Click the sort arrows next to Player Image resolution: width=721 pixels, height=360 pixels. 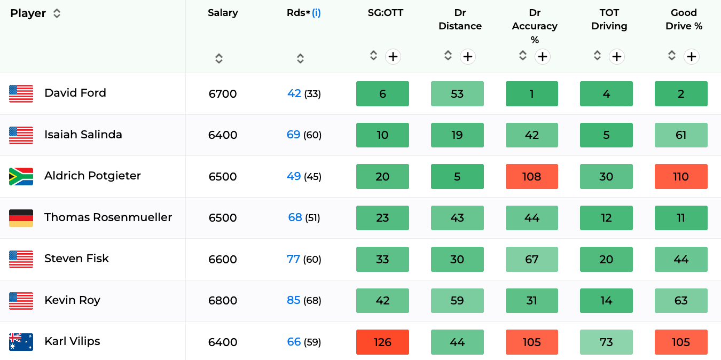point(57,13)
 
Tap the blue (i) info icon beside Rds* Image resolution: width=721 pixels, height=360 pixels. point(316,13)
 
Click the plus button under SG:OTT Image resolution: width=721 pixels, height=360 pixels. point(393,57)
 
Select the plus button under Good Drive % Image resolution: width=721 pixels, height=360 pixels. point(692,57)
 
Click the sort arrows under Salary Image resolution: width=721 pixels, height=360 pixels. point(219,58)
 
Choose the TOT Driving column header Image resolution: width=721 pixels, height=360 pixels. point(609,19)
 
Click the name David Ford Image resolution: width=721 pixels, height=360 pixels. point(75,93)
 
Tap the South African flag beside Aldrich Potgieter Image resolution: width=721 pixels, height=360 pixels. point(21,176)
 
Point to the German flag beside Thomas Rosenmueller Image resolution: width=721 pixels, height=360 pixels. point(21,218)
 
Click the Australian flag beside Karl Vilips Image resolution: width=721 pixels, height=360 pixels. point(21,342)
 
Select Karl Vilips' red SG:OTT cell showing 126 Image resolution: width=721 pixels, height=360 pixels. point(382,342)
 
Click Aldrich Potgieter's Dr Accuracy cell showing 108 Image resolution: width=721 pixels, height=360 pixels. point(532,176)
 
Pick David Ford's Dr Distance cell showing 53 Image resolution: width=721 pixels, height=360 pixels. point(457,93)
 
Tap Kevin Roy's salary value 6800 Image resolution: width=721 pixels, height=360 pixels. point(222,300)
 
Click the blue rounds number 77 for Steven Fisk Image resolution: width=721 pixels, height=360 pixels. point(293,259)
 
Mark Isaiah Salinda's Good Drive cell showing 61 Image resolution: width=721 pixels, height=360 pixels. point(681,135)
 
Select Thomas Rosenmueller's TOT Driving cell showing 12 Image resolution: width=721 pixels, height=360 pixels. point(606,218)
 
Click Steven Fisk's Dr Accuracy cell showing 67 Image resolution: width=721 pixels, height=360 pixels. point(532,259)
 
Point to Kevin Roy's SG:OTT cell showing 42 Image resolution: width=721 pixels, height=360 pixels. point(382,300)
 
